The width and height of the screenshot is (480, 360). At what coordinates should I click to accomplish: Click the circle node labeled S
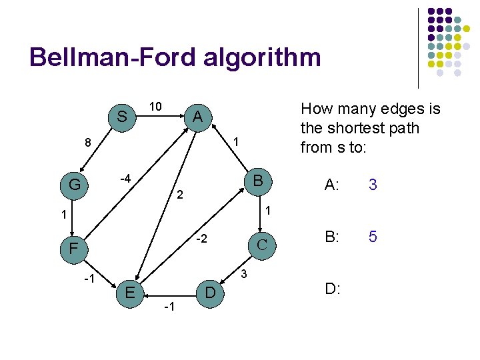(x=122, y=117)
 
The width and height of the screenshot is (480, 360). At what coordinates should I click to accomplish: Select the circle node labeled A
(x=197, y=117)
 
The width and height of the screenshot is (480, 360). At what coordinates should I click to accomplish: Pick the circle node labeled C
(x=261, y=243)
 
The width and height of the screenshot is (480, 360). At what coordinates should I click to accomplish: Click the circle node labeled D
(x=209, y=292)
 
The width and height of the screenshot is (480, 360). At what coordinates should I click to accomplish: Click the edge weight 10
(x=155, y=107)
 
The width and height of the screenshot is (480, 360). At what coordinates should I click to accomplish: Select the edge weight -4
(x=124, y=178)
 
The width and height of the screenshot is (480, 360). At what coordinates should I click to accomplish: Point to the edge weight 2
(x=179, y=196)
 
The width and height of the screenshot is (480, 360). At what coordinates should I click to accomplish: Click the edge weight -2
(x=203, y=238)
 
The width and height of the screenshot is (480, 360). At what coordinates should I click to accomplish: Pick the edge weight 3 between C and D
(x=244, y=273)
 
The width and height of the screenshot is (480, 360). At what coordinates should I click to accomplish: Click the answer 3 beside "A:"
(x=373, y=185)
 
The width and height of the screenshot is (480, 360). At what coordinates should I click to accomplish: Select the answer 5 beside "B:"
(x=373, y=237)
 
